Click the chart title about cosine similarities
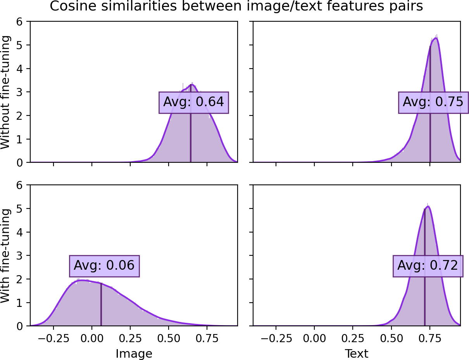click(x=236, y=7)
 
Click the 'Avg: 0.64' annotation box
click(x=193, y=102)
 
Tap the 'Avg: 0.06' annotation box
click(x=104, y=266)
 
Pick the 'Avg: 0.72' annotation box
click(x=428, y=266)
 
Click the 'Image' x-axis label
click(x=134, y=353)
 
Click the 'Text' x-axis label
click(x=357, y=353)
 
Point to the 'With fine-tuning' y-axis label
click(x=6, y=256)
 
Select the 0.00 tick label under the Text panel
click(x=314, y=338)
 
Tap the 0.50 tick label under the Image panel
click(x=169, y=338)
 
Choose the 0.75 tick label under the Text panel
click(x=430, y=338)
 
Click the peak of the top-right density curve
click(x=435, y=38)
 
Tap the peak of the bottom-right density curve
click(x=427, y=206)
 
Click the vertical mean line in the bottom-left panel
click(x=101, y=306)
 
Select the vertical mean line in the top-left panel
click(x=190, y=128)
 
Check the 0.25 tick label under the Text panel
click(x=353, y=338)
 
